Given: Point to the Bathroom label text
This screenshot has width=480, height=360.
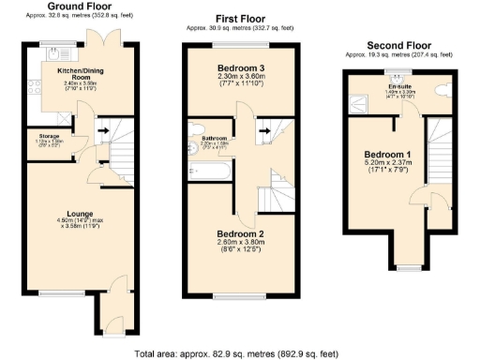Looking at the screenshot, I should click(214, 139).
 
